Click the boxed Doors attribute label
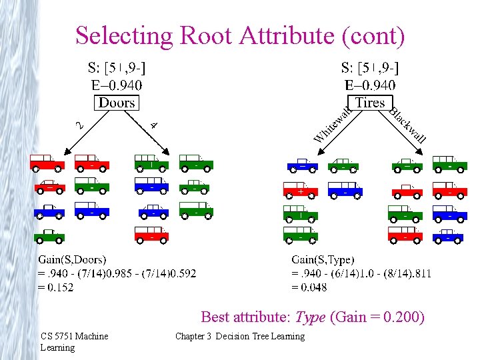coord(117,103)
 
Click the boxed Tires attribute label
coord(370,102)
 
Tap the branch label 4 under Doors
coord(154,124)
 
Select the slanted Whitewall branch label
coord(331,125)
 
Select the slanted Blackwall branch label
coord(407,125)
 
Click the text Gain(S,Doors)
coord(73,260)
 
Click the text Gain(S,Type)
coord(323,260)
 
